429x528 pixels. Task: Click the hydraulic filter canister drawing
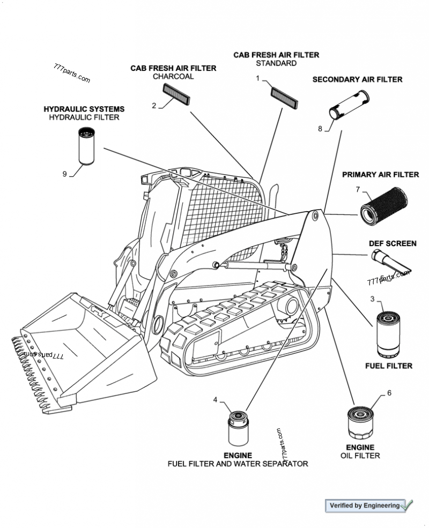point(86,145)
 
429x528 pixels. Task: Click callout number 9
point(65,174)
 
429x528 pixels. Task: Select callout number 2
point(154,106)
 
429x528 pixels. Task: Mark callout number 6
point(389,393)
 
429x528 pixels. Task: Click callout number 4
point(215,400)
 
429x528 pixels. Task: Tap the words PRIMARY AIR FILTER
point(380,175)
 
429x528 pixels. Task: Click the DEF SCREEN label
point(393,243)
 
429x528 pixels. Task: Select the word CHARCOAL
point(173,77)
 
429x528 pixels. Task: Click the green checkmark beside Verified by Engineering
point(407,504)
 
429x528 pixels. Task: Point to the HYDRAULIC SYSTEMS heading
point(84,109)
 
